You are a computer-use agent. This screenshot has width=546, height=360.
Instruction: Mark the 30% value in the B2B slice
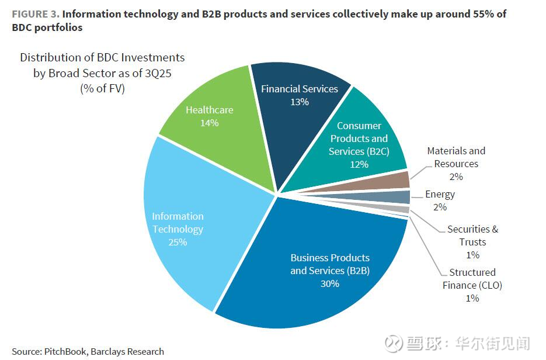click(329, 284)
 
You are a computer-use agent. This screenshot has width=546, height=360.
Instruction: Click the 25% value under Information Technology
click(178, 242)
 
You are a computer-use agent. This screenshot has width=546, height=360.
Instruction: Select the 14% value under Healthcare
click(209, 123)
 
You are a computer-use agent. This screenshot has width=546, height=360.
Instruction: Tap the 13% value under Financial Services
click(299, 102)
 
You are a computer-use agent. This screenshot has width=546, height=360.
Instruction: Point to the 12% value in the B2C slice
click(359, 164)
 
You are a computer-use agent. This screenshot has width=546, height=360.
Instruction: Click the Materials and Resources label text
click(456, 157)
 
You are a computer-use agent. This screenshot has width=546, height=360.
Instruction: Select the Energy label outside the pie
click(440, 194)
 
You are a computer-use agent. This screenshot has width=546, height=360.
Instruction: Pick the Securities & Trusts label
click(472, 236)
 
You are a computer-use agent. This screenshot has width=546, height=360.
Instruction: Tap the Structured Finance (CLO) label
click(472, 279)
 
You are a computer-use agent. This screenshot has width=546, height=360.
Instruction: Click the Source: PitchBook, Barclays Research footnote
click(88, 351)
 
